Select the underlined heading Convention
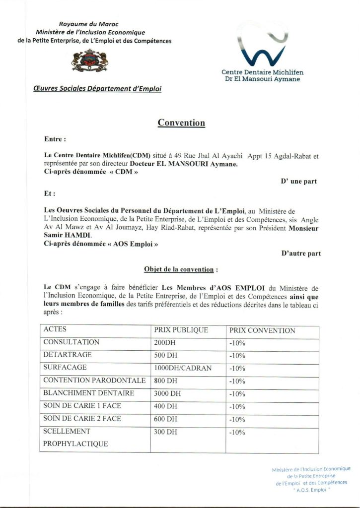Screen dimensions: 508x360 pos(181,123)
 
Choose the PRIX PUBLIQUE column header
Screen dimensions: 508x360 pos(181,330)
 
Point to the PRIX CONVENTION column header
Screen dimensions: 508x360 pos(262,330)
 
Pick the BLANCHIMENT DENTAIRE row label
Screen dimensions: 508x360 pos(89,393)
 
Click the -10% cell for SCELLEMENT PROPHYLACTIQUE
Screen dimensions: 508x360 pos(237,433)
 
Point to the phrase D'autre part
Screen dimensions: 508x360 pos(300,254)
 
